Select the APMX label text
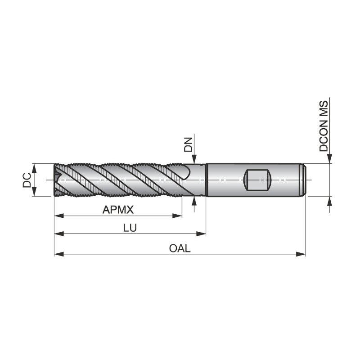click(x=118, y=210)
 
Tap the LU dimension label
click(x=130, y=228)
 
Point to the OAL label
click(x=180, y=248)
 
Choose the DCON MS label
click(x=324, y=126)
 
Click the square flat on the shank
click(x=257, y=180)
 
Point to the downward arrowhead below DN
click(x=194, y=159)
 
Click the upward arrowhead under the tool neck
click(x=194, y=200)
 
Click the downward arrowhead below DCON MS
click(x=330, y=159)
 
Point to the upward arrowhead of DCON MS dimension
click(x=330, y=201)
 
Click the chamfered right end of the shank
click(x=303, y=180)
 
